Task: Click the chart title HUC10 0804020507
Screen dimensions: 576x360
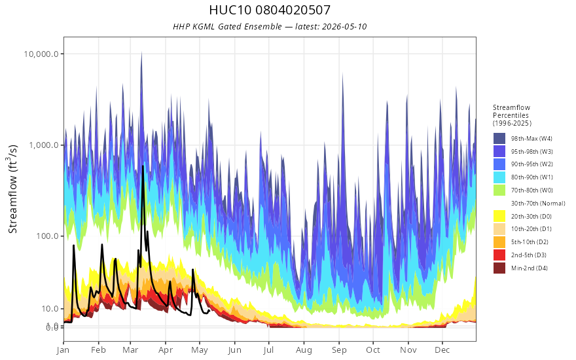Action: pos(270,10)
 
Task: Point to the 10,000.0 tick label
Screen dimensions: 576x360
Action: pos(41,54)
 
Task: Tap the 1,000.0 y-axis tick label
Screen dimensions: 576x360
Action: pos(44,145)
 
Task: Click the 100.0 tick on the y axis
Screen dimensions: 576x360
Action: pos(47,236)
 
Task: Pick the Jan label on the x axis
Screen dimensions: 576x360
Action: pos(63,350)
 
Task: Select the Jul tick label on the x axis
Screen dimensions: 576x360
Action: pos(268,350)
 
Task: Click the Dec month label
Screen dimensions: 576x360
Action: pos(442,350)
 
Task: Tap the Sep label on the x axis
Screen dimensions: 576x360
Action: pos(339,350)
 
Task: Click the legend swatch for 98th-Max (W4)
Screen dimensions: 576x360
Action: pos(499,139)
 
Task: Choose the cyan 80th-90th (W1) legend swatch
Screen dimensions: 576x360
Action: pos(499,177)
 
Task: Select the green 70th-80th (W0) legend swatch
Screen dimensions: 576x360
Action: pos(499,190)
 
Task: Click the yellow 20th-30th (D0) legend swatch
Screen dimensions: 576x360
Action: pos(499,216)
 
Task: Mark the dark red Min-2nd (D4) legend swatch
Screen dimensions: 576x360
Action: pos(499,268)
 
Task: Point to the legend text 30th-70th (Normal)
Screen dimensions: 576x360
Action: pos(538,203)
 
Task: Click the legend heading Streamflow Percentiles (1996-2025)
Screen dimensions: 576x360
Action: pos(512,115)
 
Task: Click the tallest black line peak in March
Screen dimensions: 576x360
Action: pos(143,166)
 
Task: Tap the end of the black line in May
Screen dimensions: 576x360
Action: pos(209,310)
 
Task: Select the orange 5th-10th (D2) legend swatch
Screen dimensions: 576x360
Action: pos(499,242)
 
